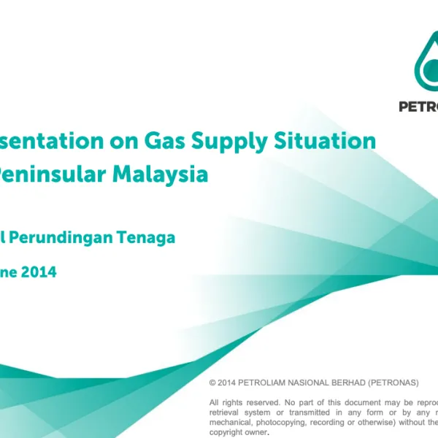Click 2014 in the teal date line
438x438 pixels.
coord(37,272)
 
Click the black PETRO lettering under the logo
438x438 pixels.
coord(418,105)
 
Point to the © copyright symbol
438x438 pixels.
coord(212,383)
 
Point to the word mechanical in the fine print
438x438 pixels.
coord(232,421)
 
